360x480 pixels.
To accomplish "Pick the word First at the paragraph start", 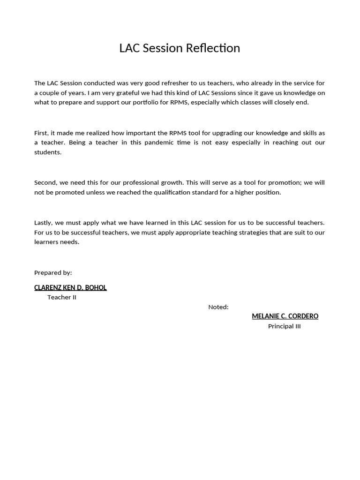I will coord(42,133).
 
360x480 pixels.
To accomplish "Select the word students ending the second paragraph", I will coord(47,152).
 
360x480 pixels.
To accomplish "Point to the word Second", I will coord(45,182).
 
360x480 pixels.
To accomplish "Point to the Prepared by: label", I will coord(53,272).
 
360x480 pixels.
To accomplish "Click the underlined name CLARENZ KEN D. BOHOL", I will coord(70,287).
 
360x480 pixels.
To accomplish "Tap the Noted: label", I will coord(218,307).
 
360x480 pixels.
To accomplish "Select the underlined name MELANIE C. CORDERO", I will coord(285,316).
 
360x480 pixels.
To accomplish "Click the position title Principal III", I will coord(284,326).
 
